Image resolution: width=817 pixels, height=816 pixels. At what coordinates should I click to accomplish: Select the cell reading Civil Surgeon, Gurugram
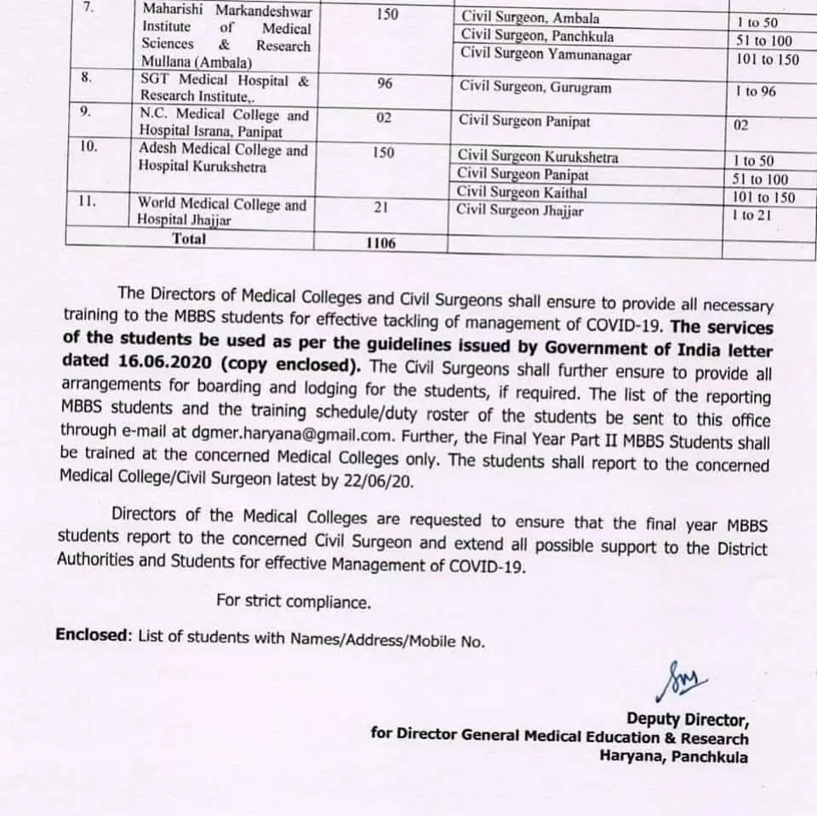coord(535,87)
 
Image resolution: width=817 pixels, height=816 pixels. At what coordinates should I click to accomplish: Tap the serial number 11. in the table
coord(89,202)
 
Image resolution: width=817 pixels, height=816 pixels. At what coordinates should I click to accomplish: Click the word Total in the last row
coord(189,239)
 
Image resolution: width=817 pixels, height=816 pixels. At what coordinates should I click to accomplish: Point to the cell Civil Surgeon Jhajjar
coord(520,210)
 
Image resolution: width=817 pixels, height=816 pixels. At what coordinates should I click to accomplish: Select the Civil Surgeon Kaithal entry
coord(522,193)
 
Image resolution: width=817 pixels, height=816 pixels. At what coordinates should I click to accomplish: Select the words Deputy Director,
coord(688,718)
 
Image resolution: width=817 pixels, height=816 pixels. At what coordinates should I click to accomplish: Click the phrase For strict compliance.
coord(294,602)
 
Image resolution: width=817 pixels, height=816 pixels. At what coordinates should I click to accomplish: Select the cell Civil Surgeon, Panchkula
coord(536,36)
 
